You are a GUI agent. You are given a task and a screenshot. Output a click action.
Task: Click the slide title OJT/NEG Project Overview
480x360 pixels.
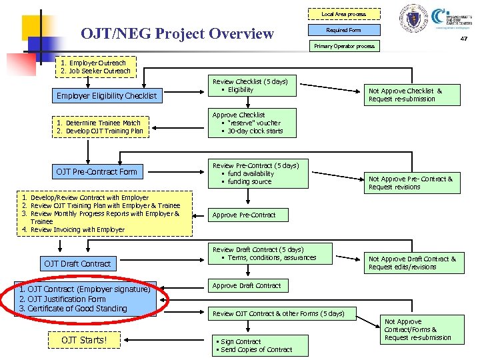pos(177,33)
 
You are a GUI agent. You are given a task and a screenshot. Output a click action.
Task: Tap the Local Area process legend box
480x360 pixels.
pos(344,14)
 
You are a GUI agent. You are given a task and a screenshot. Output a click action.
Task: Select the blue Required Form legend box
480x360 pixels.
pos(344,30)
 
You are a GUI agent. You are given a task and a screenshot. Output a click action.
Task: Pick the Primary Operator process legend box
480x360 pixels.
pos(344,46)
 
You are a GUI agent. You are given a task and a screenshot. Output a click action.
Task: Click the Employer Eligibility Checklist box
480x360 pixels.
pos(107,96)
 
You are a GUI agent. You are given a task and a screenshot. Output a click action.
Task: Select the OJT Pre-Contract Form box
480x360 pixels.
pos(97,172)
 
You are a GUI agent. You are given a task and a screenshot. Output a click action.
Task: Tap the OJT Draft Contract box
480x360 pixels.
pos(77,264)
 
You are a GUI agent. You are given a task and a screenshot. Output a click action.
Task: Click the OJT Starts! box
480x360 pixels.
pos(84,341)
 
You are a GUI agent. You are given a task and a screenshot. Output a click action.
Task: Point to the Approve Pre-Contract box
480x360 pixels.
pos(243,215)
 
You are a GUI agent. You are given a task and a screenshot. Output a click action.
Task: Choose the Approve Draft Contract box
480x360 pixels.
pos(247,286)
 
